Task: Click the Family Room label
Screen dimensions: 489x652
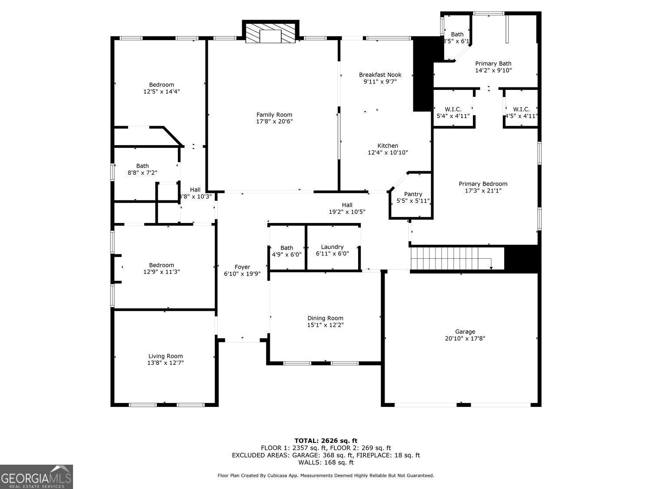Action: point(274,115)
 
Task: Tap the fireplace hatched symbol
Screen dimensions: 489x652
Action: point(270,33)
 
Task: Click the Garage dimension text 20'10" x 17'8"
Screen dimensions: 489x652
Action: point(465,338)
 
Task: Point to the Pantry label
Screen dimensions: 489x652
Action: point(413,194)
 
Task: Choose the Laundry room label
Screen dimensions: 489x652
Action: point(332,247)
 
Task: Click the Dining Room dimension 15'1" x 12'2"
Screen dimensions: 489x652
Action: point(325,325)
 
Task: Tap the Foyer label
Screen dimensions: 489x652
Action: point(242,267)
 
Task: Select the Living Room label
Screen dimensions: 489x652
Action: point(165,356)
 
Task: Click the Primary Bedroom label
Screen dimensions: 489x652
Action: point(483,183)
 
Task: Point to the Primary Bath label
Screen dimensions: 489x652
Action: point(493,63)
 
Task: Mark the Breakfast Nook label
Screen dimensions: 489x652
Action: point(380,75)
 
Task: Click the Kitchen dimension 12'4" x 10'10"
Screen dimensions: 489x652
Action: point(387,153)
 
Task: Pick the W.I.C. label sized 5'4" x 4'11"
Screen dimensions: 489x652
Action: point(453,109)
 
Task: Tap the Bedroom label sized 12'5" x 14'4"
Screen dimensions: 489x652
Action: point(161,85)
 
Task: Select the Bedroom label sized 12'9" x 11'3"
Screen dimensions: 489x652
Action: point(161,265)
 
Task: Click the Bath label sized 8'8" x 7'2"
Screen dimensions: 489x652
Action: point(142,166)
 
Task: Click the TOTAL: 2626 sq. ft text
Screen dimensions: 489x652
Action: point(326,441)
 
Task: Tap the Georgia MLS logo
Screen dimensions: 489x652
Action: point(37,477)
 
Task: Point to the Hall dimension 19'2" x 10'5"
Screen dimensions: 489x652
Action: point(346,212)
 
